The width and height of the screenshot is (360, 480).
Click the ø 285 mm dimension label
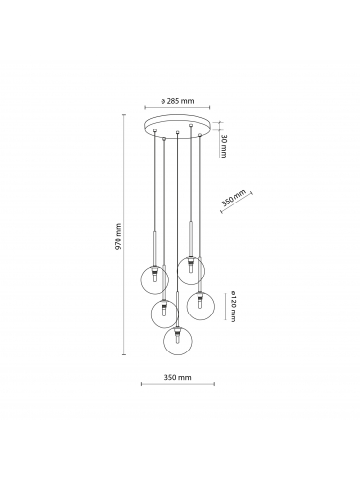(177, 101)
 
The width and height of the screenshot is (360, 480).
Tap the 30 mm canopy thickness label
(223, 146)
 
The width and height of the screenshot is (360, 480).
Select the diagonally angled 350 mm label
(234, 199)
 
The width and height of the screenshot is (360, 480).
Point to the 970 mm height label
(118, 237)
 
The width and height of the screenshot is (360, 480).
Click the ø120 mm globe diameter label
(233, 307)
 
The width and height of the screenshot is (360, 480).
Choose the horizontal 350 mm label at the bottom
(177, 377)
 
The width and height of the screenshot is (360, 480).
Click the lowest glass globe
(178, 341)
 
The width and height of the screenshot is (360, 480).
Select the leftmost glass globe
(155, 279)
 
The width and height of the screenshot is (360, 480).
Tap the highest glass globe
(191, 270)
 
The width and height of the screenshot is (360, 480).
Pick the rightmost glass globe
(200, 306)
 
